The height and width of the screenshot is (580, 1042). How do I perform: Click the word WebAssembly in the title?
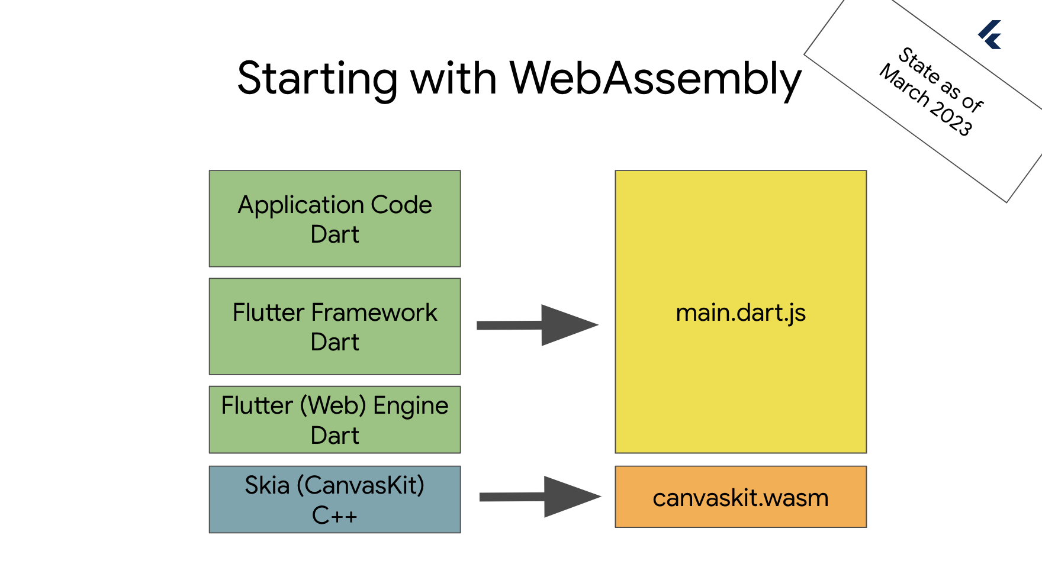coord(655,79)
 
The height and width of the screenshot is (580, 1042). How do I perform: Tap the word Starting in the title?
coord(317,79)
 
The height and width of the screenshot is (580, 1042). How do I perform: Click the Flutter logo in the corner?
coord(990,34)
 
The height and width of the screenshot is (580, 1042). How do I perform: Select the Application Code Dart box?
coord(335,219)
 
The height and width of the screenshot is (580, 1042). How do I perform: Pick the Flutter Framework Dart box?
coord(335,327)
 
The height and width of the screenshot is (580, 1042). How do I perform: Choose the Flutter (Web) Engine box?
coord(335,420)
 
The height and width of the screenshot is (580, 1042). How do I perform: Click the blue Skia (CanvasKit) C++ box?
coord(335,500)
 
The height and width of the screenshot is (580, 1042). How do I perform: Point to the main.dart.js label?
coord(741,313)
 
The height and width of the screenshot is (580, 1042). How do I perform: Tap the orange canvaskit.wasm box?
coord(741,497)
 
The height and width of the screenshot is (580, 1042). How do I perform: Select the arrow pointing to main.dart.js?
coord(538,325)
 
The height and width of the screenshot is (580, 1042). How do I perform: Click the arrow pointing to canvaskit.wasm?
coord(540,497)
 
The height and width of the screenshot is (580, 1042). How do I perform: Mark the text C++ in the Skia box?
coord(335,515)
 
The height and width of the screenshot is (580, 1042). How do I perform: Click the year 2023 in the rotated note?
coord(951,118)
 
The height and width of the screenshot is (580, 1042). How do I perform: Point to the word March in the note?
coord(905,85)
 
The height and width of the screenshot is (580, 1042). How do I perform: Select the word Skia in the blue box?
coord(267,485)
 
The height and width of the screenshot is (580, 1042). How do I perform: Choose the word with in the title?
coord(454,78)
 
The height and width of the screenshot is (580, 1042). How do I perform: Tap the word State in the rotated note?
coord(919,65)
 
